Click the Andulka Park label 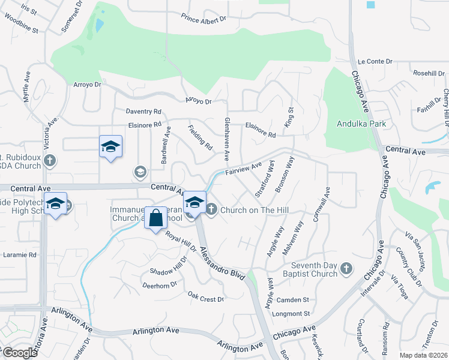click(360, 124)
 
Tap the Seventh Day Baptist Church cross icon click(346, 269)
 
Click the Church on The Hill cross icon click(211, 209)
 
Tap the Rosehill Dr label click(428, 73)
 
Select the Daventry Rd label click(143, 112)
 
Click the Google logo click(19, 353)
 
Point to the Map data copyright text click(423, 355)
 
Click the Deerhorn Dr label click(159, 286)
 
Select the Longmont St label click(294, 313)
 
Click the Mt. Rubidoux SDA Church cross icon click(50, 161)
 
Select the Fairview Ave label click(244, 169)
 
